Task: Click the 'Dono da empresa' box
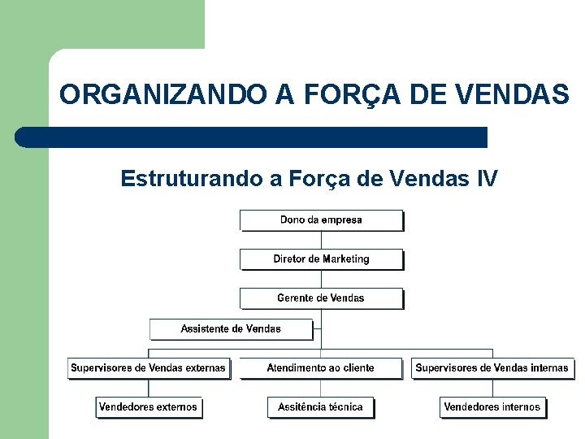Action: [x=321, y=220]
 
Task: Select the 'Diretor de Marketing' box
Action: [x=321, y=259]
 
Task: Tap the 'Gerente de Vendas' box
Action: [x=321, y=298]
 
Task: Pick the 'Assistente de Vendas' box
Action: [x=231, y=329]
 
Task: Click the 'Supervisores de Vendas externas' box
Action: [x=148, y=368]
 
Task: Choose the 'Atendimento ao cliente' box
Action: [x=321, y=368]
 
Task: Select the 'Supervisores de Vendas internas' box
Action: [x=492, y=368]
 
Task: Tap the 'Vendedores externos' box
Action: [x=148, y=407]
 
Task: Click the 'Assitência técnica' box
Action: [x=321, y=407]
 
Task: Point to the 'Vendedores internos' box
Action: [x=492, y=407]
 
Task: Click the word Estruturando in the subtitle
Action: [x=192, y=178]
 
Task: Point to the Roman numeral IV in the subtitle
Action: [x=487, y=178]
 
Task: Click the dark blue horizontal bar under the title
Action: [x=252, y=137]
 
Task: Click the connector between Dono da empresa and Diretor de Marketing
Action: [x=321, y=240]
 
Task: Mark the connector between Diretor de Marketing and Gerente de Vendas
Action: [x=321, y=279]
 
